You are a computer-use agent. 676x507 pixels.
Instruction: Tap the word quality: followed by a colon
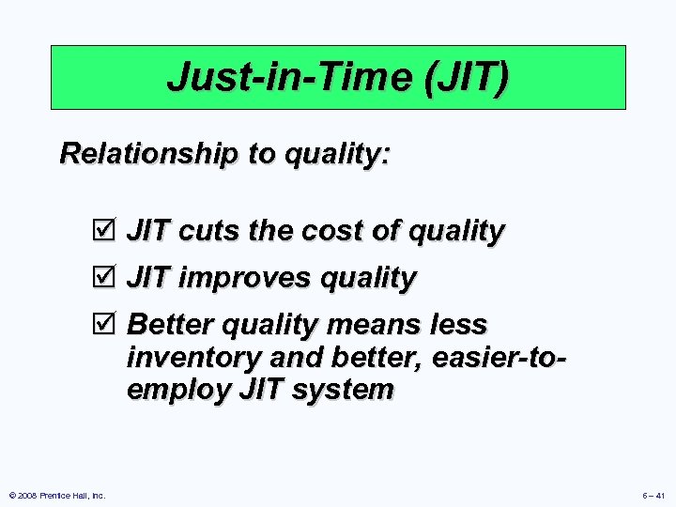point(334,154)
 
